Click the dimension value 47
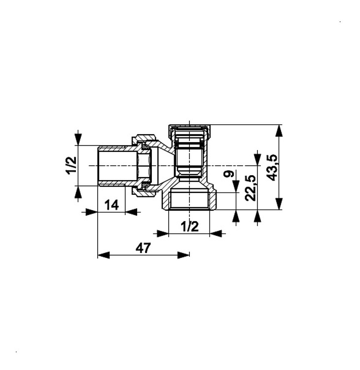pyautogui.click(x=143, y=248)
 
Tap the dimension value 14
pyautogui.click(x=111, y=205)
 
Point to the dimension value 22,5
pyautogui.click(x=251, y=188)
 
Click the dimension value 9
pyautogui.click(x=229, y=174)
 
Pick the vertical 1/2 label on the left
pyautogui.click(x=71, y=165)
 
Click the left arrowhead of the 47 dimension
pyautogui.click(x=104, y=255)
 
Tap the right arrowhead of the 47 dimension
pyautogui.click(x=183, y=255)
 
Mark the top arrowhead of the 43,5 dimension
pyautogui.click(x=279, y=131)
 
